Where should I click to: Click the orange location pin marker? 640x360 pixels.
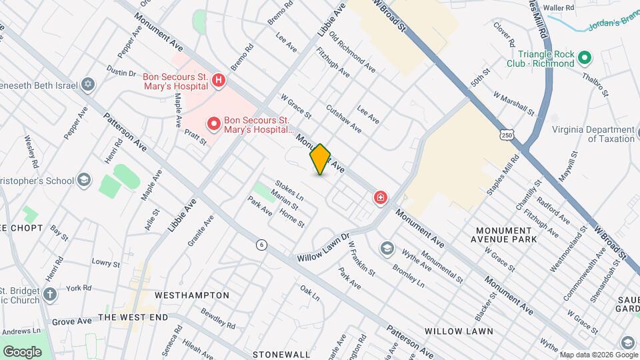click(320, 159)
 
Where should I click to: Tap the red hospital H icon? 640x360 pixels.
click(217, 81)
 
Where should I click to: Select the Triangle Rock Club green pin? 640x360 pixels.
click(585, 58)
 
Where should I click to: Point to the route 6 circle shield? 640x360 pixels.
click(262, 245)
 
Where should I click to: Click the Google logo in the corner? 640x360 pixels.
click(22, 351)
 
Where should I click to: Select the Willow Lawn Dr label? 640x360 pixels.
click(323, 247)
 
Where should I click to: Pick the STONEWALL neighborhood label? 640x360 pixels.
click(281, 354)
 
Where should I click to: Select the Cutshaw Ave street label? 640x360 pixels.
click(344, 118)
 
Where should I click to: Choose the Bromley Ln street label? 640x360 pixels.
click(408, 274)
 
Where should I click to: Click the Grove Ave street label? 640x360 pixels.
click(71, 321)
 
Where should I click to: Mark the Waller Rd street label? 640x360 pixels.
click(559, 7)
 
